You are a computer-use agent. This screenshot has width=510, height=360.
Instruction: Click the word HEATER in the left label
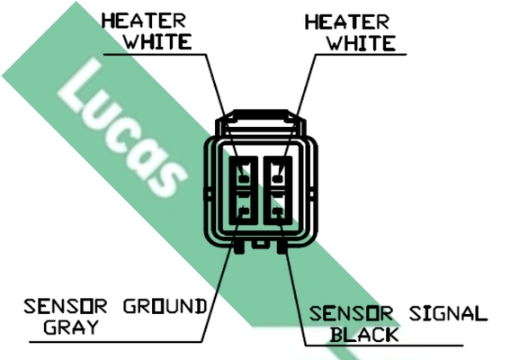pyautogui.click(x=144, y=21)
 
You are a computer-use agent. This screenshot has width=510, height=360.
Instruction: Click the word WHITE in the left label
pyautogui.click(x=158, y=41)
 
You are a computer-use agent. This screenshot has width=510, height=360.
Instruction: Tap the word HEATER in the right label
pyautogui.click(x=347, y=22)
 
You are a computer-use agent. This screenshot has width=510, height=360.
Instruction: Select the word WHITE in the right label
pyautogui.click(x=361, y=43)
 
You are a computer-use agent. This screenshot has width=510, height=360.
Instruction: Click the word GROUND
pyautogui.click(x=166, y=306)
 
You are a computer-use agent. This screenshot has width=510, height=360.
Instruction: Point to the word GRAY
pyautogui.click(x=71, y=327)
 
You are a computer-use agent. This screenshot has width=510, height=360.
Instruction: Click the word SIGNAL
pyautogui.click(x=448, y=314)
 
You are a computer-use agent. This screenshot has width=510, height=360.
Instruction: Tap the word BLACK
pyautogui.click(x=364, y=335)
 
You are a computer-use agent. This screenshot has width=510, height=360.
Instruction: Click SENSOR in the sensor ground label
pyautogui.click(x=66, y=306)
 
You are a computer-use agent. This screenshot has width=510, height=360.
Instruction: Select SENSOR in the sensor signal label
pyautogui.click(x=352, y=314)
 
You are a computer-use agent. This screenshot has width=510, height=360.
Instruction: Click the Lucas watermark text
pyautogui.click(x=122, y=128)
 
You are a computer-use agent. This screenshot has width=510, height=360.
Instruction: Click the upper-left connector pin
pyautogui.click(x=244, y=178)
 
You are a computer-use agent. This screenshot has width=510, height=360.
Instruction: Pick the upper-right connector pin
pyautogui.click(x=277, y=178)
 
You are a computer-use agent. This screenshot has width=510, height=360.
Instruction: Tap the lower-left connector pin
pyautogui.click(x=244, y=211)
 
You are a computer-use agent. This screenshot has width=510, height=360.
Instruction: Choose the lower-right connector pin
pyautogui.click(x=277, y=211)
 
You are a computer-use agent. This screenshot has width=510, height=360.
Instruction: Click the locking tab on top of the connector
pyautogui.click(x=261, y=115)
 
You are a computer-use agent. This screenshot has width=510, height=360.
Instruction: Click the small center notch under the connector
pyautogui.click(x=261, y=244)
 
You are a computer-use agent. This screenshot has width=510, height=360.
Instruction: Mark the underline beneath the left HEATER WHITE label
pyautogui.click(x=155, y=54)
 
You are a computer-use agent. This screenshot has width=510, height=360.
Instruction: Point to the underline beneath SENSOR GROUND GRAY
pyautogui.click(x=116, y=342)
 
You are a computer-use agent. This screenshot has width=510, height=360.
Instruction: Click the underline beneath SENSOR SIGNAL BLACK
pyautogui.click(x=384, y=345)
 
